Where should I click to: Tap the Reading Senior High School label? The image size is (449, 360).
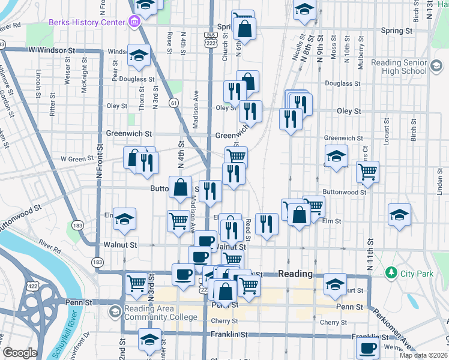pyautogui.click(x=398, y=67)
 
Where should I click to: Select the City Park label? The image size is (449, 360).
pyautogui.click(x=417, y=274)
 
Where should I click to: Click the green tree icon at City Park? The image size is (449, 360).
pyautogui.click(x=392, y=273)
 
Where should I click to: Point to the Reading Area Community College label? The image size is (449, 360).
pyautogui.click(x=160, y=313)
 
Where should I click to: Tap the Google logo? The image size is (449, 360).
pyautogui.click(x=20, y=353)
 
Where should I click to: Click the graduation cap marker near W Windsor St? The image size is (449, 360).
pyautogui.click(x=139, y=56)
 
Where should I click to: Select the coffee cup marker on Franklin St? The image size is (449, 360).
pyautogui.click(x=367, y=347)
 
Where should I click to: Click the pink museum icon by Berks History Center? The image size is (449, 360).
pyautogui.click(x=133, y=22)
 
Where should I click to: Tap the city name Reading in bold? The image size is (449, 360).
pyautogui.click(x=295, y=274)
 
